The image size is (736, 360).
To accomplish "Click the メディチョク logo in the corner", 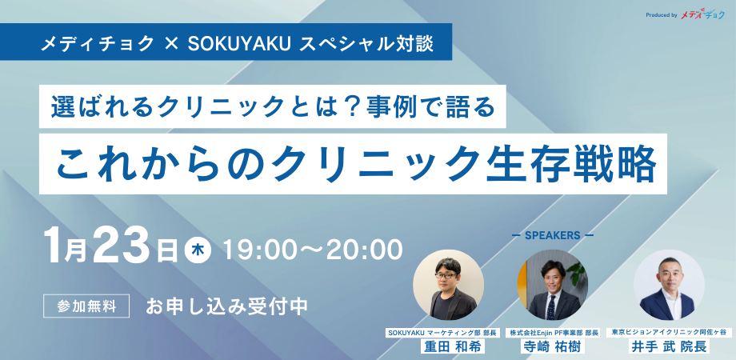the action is tap(702, 15).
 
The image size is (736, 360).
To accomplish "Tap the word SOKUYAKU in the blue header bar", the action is tap(240, 43).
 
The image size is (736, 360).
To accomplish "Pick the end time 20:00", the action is tap(365, 250).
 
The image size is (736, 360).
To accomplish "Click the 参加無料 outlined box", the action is tap(86, 306).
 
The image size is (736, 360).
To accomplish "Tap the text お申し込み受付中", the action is tap(226, 306).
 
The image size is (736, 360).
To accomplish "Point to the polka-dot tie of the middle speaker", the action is tap(551, 306).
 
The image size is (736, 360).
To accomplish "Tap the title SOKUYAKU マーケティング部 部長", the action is tap(442, 333).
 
